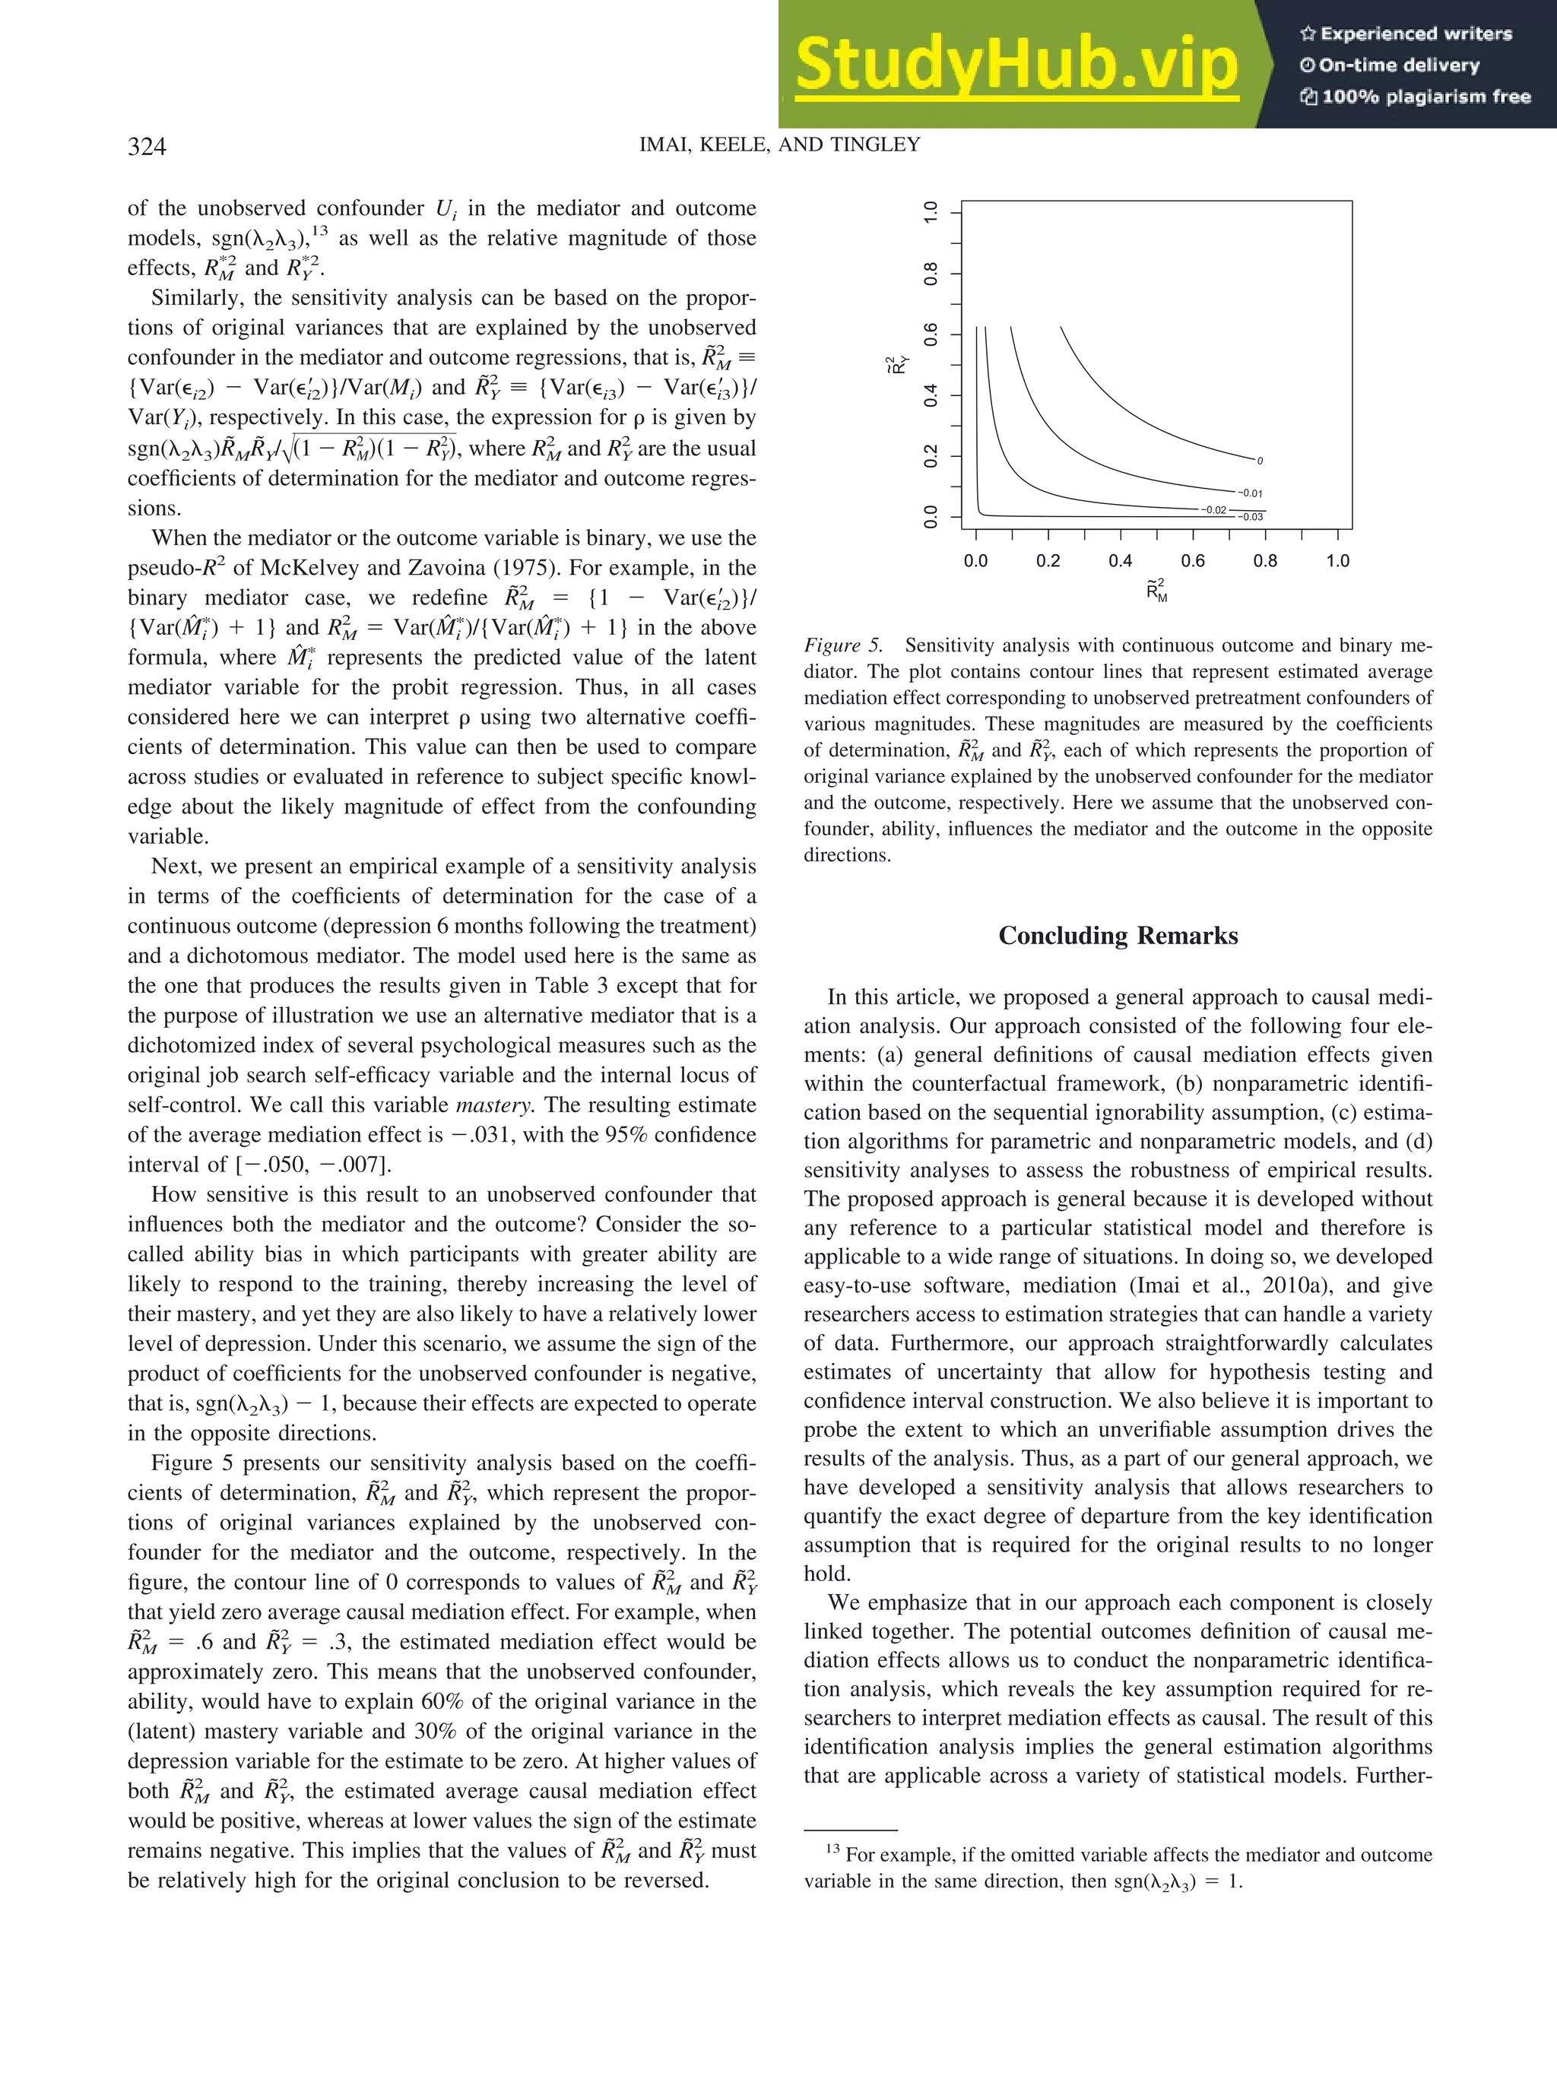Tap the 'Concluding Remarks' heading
1118,936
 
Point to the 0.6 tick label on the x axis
1193,561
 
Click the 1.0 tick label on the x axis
1337,561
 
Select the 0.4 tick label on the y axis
931,395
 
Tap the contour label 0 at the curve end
1260,461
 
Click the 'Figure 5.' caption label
843,645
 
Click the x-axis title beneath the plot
1156,591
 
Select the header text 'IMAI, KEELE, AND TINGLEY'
779,144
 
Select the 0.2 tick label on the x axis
1048,561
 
